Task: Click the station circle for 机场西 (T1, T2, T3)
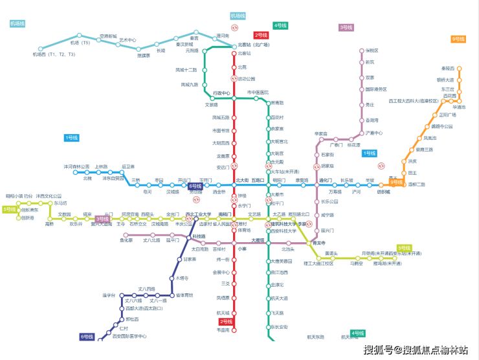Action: coord(41,49)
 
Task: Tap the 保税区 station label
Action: coord(372,50)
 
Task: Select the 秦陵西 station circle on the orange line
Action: coord(459,69)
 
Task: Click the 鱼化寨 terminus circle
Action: coord(126,235)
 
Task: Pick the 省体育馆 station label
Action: coord(184,295)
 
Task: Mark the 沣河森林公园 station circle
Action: coord(75,172)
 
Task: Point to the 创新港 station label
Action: coord(27,218)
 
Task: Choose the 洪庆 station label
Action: coord(412,161)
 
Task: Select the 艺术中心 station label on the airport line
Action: coord(128,40)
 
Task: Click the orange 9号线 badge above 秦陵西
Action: coord(458,39)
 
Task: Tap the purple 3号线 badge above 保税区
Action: coord(346,27)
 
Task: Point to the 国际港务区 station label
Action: coord(376,89)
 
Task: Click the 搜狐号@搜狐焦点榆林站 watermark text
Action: coord(416,350)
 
